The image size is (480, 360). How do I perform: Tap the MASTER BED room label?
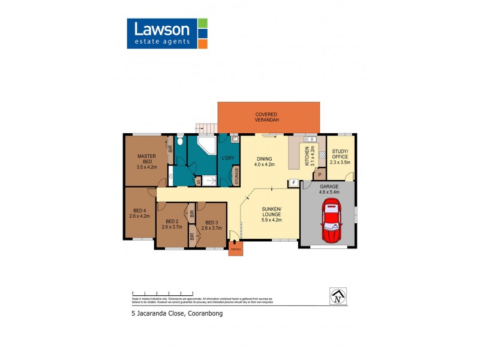click(146, 159)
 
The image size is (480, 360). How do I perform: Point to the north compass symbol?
click(338, 296)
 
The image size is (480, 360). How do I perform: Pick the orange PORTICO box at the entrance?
click(236, 248)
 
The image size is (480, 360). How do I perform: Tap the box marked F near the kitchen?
click(294, 183)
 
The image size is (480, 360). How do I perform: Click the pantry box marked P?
click(319, 175)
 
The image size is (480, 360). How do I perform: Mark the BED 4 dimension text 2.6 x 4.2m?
click(140, 215)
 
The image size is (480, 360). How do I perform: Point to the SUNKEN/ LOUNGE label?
click(270, 213)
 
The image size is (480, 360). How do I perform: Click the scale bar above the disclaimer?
click(161, 292)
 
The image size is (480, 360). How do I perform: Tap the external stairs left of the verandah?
click(206, 128)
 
